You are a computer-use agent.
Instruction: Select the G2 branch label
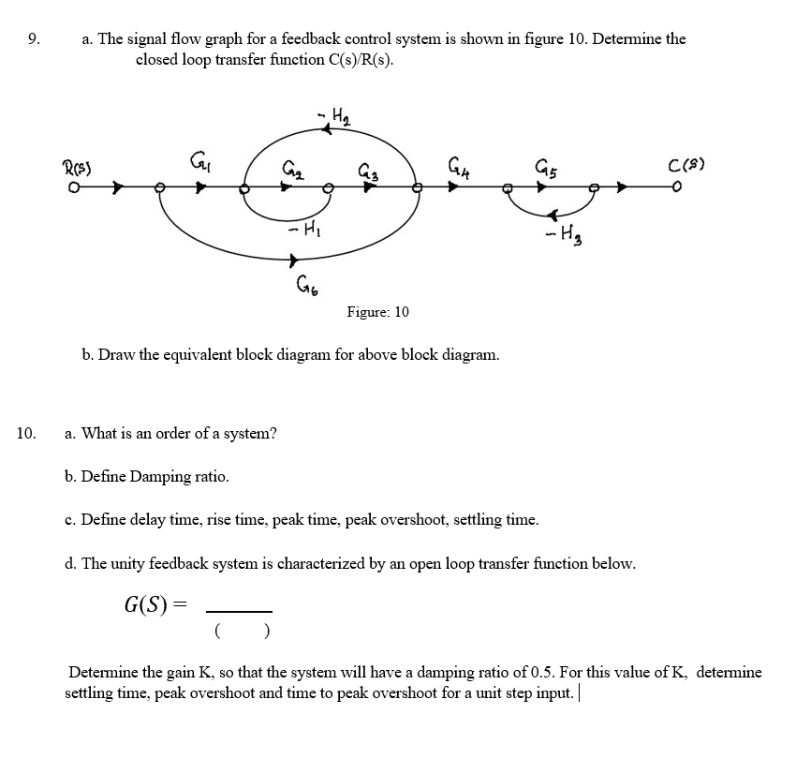(291, 169)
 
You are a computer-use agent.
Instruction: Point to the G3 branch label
(368, 170)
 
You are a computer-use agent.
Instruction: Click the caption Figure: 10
(377, 311)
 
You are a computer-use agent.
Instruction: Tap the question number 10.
(27, 433)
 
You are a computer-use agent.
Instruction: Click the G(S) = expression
(155, 603)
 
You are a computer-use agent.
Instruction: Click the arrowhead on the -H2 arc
(327, 130)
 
